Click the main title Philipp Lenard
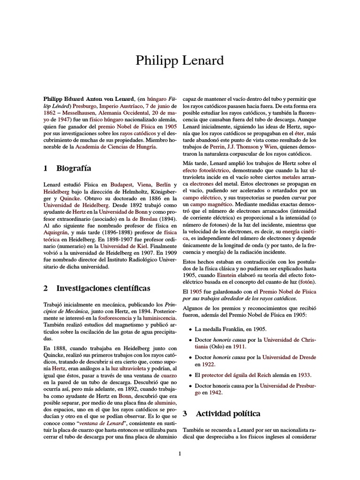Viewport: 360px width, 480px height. coord(180,60)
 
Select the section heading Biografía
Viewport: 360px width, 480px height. coord(74,168)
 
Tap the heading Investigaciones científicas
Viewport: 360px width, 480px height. coord(103,288)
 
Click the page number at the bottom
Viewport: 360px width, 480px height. coord(180,453)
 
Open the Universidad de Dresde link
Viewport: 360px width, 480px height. coord(290,357)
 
